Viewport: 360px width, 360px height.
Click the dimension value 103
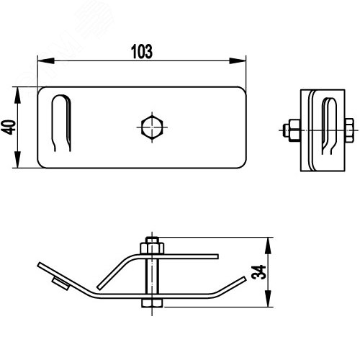tap(142, 51)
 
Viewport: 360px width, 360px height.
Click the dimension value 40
tap(9, 127)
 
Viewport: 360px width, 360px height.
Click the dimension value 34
tap(258, 272)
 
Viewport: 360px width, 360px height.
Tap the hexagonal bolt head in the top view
tap(152, 127)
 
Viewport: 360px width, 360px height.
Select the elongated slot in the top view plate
tap(61, 123)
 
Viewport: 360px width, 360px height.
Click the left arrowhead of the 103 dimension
tap(46, 60)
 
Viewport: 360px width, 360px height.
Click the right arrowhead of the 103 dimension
tap(238, 60)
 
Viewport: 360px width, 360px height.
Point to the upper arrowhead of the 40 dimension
tap(17, 95)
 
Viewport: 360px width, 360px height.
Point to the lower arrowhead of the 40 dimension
tap(17, 160)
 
